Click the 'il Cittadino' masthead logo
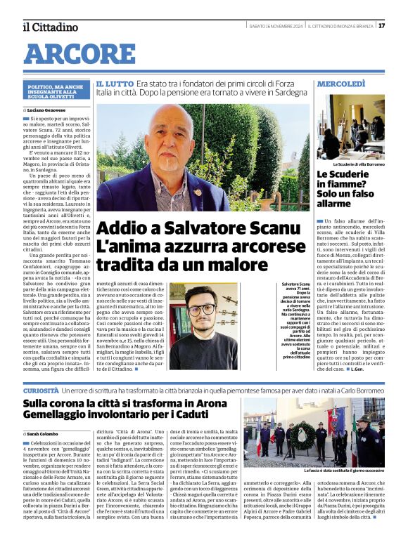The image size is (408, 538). tap(51, 27)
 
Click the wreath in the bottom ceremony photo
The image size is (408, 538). tap(305, 433)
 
